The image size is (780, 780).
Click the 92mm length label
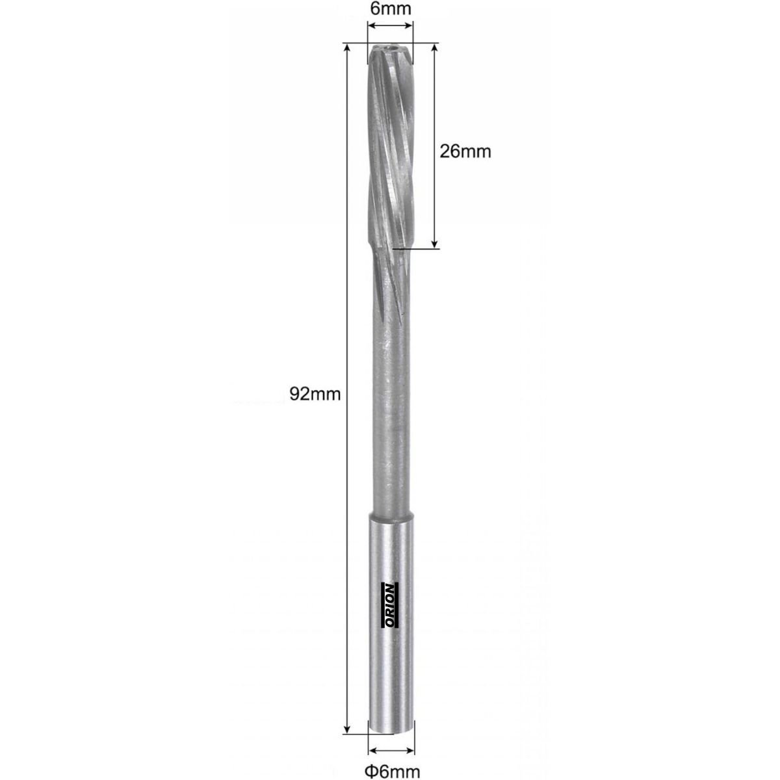tap(315, 394)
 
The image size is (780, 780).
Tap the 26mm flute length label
tap(465, 151)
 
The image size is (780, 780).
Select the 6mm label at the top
tap(391, 8)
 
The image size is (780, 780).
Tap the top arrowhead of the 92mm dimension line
tap(346, 49)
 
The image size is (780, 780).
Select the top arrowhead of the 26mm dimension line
tap(434, 49)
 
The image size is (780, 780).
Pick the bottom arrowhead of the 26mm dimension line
tap(434, 243)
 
